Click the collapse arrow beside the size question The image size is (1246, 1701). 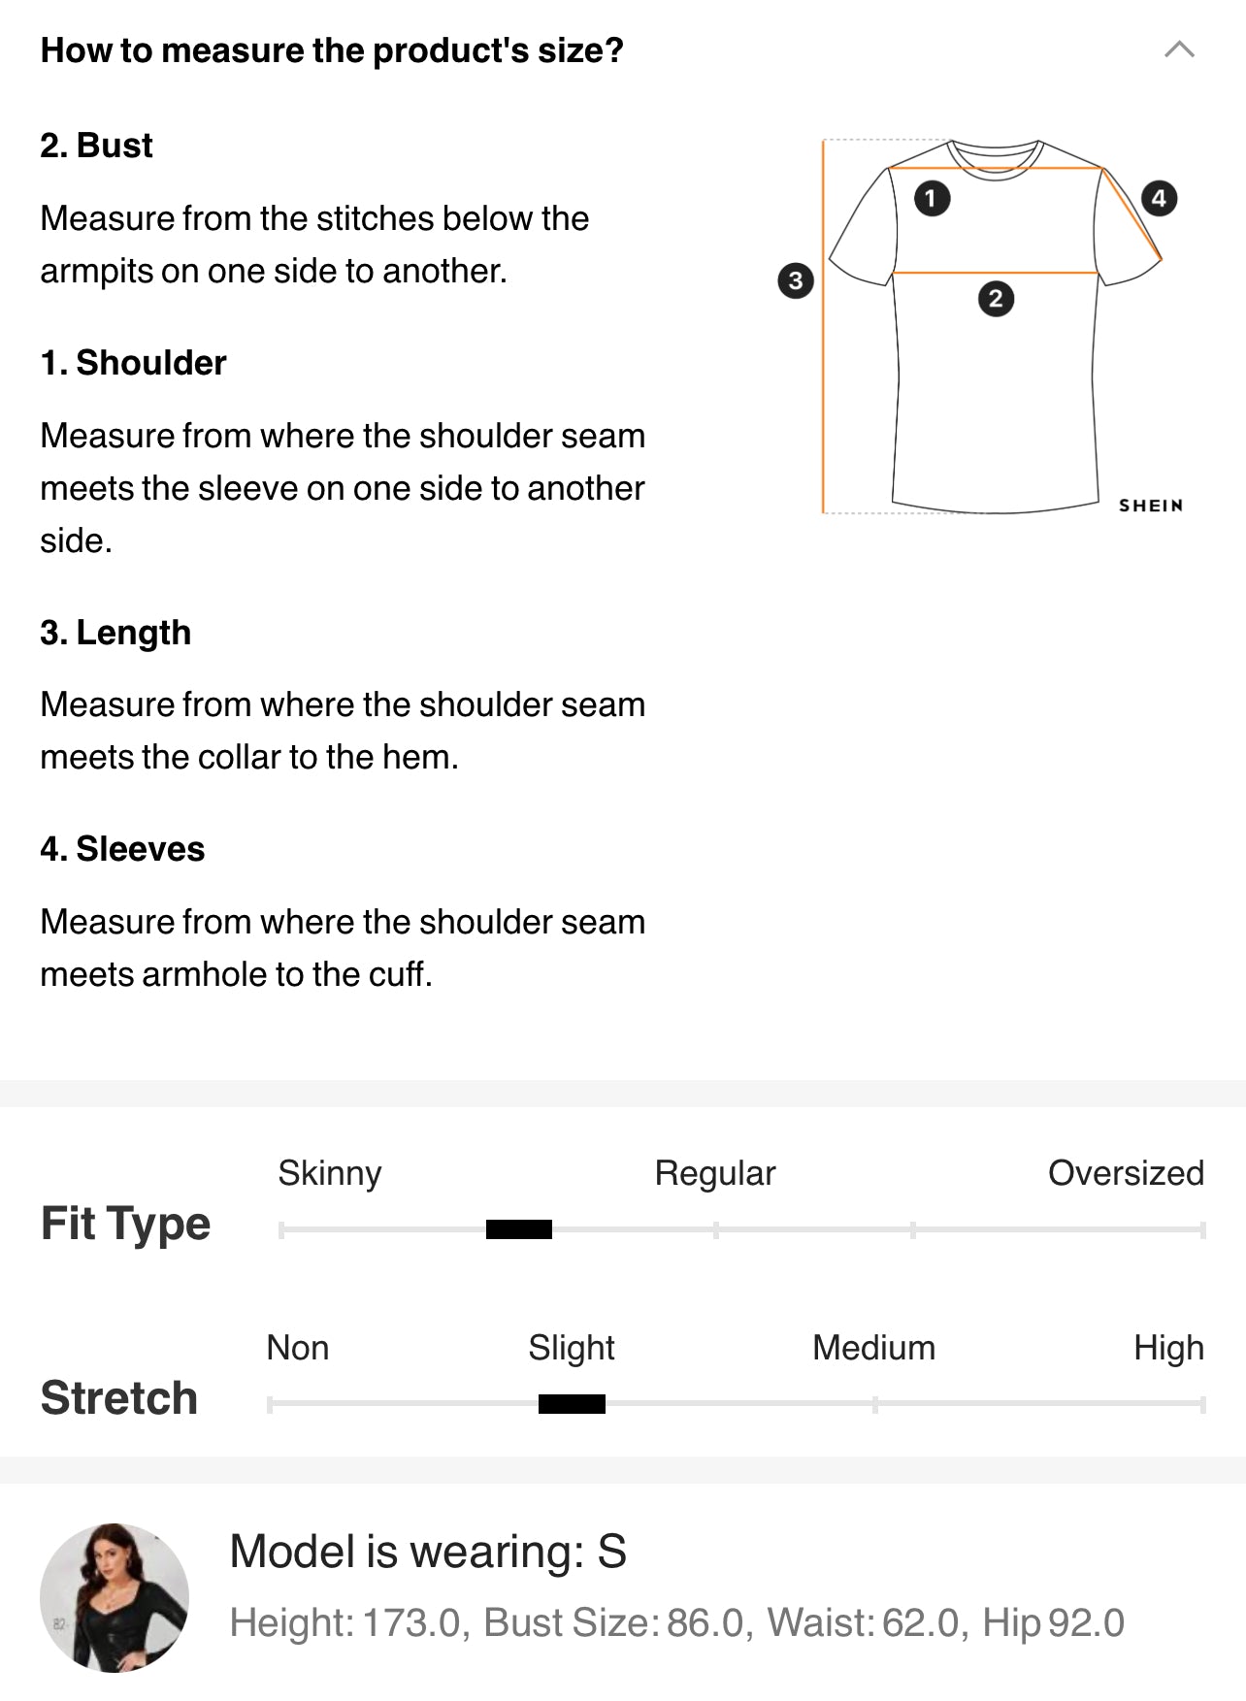(1179, 49)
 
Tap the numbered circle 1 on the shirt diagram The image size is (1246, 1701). (932, 199)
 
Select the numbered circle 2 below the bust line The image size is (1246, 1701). (996, 299)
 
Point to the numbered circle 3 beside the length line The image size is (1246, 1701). (796, 281)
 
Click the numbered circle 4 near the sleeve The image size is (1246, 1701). (1159, 199)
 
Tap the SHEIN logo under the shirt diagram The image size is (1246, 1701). (1151, 506)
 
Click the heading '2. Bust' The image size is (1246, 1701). (96, 146)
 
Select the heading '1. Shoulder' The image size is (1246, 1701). (133, 363)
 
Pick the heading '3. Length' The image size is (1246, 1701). (115, 633)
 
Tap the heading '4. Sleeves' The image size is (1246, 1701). (122, 849)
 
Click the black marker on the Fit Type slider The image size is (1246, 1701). (519, 1230)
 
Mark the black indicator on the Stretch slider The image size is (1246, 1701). (572, 1404)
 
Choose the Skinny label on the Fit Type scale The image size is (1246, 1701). (330, 1173)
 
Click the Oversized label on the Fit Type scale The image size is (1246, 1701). (1126, 1173)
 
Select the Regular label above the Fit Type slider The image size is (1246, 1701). (715, 1173)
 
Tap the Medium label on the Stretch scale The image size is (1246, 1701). (873, 1348)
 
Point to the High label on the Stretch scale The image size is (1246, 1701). (1168, 1348)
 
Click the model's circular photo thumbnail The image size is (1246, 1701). (115, 1597)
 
